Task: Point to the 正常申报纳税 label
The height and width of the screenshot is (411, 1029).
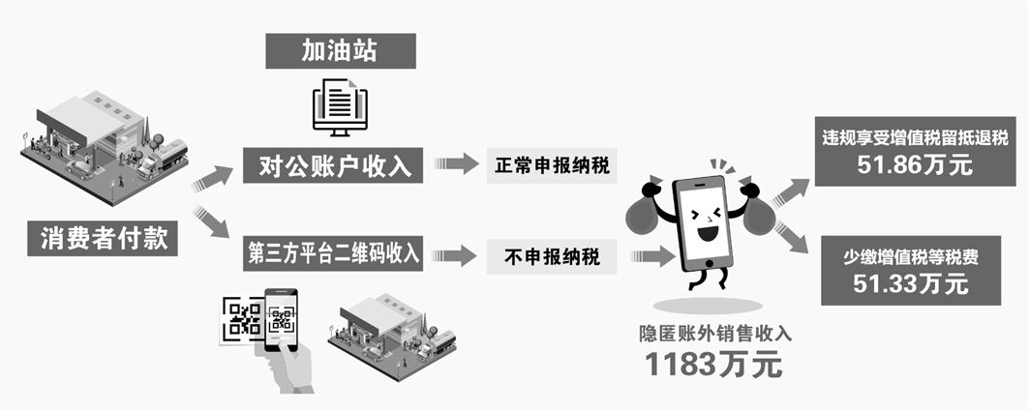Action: pos(553,165)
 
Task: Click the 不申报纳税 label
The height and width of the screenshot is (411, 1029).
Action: pos(553,256)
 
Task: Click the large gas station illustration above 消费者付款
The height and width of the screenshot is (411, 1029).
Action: pos(106,140)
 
